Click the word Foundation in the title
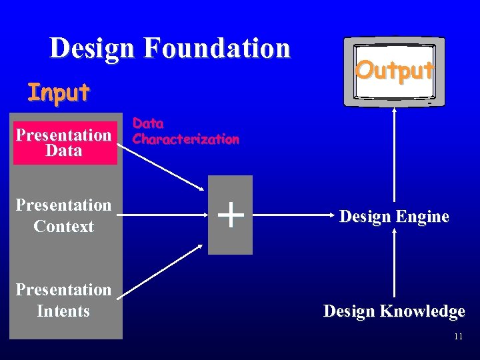pyautogui.click(x=217, y=49)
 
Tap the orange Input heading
pyautogui.click(x=58, y=93)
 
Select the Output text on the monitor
pyautogui.click(x=395, y=70)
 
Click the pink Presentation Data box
pyautogui.click(x=64, y=143)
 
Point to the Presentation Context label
pyautogui.click(x=64, y=215)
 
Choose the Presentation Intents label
pyautogui.click(x=64, y=300)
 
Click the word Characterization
pyautogui.click(x=186, y=139)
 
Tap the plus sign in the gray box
pyautogui.click(x=230, y=215)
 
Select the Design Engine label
pyautogui.click(x=394, y=216)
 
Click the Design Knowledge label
pyautogui.click(x=394, y=311)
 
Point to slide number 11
pyautogui.click(x=458, y=337)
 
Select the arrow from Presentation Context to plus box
pyautogui.click(x=163, y=215)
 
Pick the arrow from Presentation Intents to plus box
pyautogui.click(x=164, y=270)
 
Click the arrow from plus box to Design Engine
pyautogui.click(x=290, y=215)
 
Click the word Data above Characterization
pyautogui.click(x=148, y=123)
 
